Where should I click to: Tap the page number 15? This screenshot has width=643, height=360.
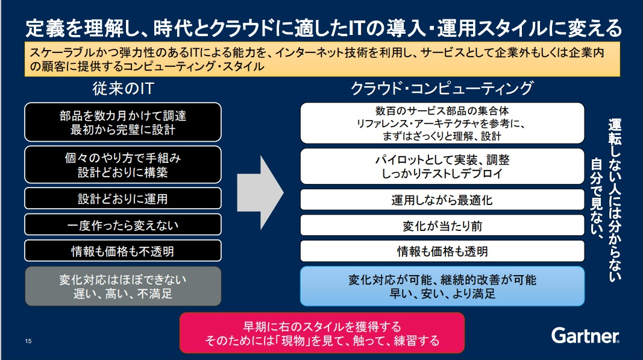tap(28, 341)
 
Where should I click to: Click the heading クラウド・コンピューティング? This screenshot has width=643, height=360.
tap(442, 89)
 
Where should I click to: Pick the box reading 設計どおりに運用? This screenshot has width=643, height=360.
tap(122, 198)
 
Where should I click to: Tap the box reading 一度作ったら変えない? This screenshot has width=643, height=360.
tap(122, 225)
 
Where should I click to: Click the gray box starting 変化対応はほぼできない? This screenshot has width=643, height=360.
tap(122, 286)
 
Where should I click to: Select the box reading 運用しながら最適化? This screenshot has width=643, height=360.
tap(442, 200)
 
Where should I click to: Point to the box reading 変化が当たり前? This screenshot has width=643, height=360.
tap(442, 226)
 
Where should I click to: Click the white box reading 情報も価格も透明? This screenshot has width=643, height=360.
tap(442, 251)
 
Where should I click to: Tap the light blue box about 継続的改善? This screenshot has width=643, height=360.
tap(442, 286)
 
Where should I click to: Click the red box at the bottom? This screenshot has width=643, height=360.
tap(322, 333)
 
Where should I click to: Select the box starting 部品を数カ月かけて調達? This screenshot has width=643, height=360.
tap(122, 122)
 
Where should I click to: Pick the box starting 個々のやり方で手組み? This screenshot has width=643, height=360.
tap(122, 165)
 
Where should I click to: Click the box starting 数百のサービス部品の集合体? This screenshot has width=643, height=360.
tap(442, 123)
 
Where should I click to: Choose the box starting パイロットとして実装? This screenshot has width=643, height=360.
tap(442, 166)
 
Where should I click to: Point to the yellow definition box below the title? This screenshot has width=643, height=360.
tap(322, 59)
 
